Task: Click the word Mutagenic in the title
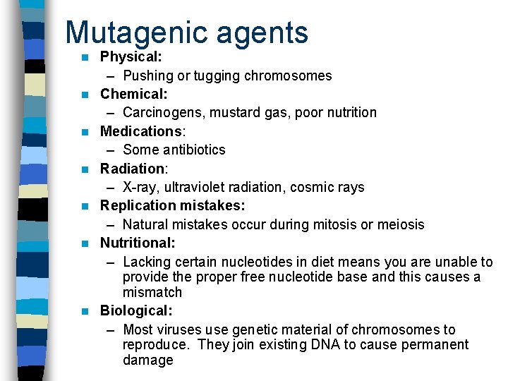[x=132, y=32]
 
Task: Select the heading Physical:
[x=131, y=56]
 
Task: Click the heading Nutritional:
[x=138, y=243]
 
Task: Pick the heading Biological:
[x=136, y=310]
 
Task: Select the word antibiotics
[x=194, y=150]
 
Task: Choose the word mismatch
[x=152, y=292]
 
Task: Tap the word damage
[x=147, y=360]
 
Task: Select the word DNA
[x=306, y=344]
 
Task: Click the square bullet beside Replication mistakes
[x=85, y=206]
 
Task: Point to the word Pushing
[x=147, y=75]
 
